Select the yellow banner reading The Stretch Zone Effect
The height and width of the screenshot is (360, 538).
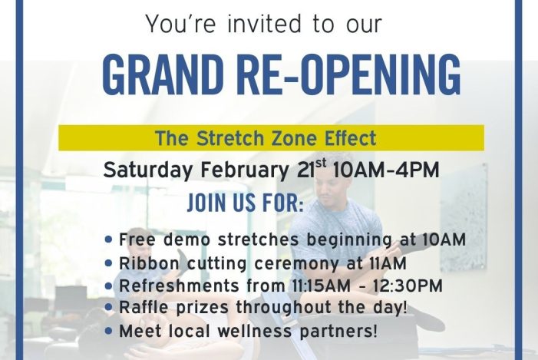pyautogui.click(x=272, y=139)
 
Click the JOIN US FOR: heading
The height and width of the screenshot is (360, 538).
pyautogui.click(x=246, y=205)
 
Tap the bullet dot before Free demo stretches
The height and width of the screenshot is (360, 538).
pyautogui.click(x=109, y=239)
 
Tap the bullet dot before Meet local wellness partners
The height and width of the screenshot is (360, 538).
pyautogui.click(x=109, y=332)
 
